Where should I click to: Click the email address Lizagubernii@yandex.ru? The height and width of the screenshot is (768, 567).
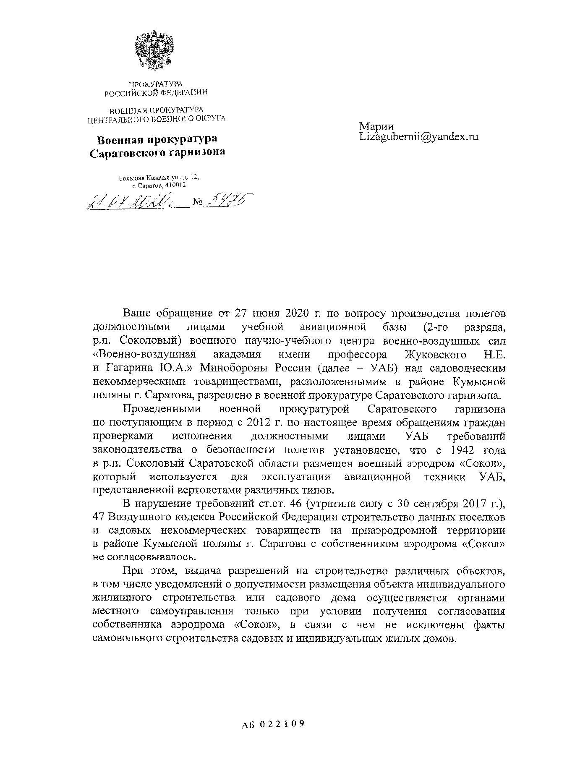pos(419,137)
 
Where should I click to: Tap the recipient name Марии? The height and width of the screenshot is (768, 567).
pos(376,126)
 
